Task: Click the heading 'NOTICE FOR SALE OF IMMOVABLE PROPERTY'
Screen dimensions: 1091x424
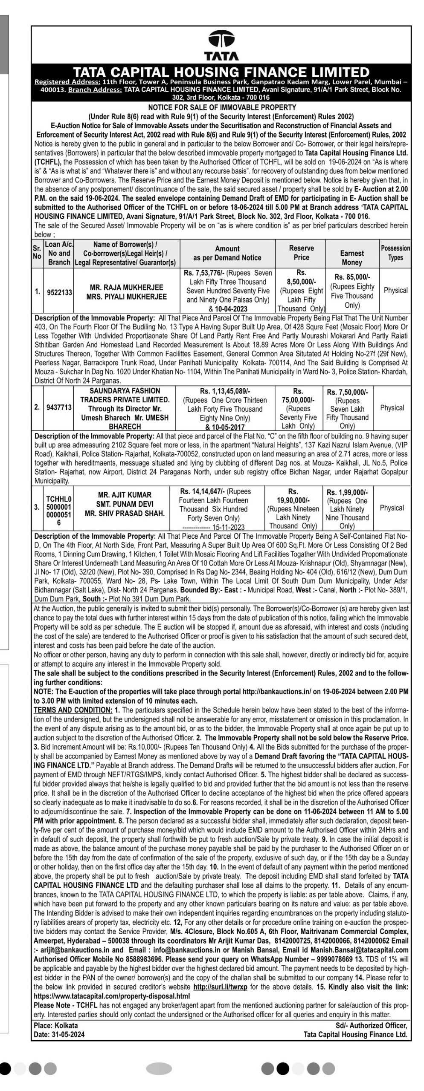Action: click(x=221, y=107)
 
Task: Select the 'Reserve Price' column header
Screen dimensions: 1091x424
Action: click(x=301, y=253)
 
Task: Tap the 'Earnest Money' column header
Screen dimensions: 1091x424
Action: click(x=352, y=257)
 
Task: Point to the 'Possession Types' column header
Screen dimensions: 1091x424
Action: click(x=395, y=253)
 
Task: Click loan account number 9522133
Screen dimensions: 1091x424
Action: click(x=59, y=293)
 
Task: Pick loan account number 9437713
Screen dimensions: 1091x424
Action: click(x=59, y=408)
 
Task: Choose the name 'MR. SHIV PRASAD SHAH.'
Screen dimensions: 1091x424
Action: click(x=125, y=514)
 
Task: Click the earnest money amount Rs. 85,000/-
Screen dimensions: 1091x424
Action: click(x=352, y=277)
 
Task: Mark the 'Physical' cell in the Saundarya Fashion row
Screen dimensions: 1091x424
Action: click(x=392, y=408)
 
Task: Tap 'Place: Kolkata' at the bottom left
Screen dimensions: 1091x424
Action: click(x=56, y=1022)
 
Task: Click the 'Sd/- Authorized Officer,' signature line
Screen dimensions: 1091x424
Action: click(x=371, y=1022)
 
